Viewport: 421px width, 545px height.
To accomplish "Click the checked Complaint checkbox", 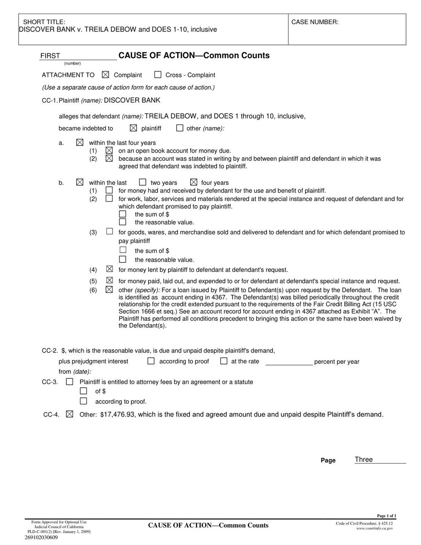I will tap(106, 75).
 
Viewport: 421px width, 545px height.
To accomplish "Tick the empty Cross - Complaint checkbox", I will tap(158, 75).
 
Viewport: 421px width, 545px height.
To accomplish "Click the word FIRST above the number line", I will tap(50, 56).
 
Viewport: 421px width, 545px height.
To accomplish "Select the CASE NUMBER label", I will tap(315, 22).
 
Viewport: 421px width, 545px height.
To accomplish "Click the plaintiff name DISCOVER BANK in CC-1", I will tap(132, 100).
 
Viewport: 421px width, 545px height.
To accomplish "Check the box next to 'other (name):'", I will tap(179, 128).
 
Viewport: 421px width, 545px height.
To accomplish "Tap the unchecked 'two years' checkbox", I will tap(143, 182).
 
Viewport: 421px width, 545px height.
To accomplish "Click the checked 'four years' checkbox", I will tap(193, 182).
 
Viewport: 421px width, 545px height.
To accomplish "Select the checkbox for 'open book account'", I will tap(109, 150).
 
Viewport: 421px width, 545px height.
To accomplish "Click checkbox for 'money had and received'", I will tap(109, 190).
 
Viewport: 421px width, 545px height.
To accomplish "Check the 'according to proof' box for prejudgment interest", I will tap(151, 362).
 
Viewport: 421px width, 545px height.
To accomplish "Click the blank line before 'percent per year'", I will tap(289, 362).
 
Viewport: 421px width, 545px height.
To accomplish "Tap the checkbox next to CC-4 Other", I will tap(69, 414).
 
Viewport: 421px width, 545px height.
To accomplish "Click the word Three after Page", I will tap(364, 460).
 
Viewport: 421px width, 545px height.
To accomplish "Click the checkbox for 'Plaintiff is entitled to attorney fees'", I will tap(69, 382).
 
